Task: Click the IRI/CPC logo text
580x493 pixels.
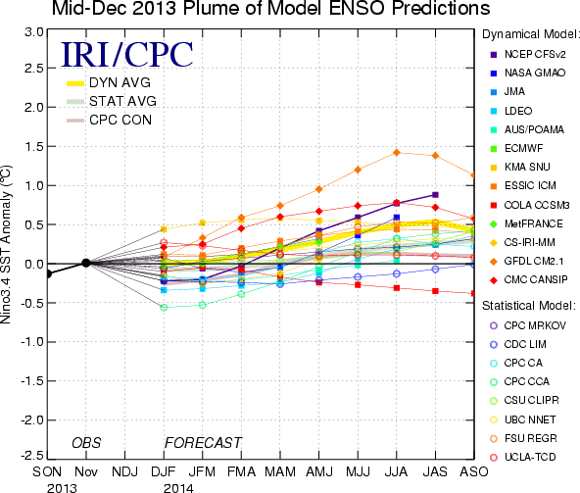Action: tap(127, 54)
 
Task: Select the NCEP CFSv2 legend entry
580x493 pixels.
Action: tap(528, 55)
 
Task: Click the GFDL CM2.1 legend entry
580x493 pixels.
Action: tap(527, 262)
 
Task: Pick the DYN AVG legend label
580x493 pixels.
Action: tap(120, 82)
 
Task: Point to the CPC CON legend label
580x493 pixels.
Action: tap(121, 120)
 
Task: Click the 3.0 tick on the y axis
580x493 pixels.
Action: tap(33, 32)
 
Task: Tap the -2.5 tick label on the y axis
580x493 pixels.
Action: tap(31, 455)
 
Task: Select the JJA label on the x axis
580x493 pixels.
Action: tap(396, 471)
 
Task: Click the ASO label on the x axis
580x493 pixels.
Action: tap(474, 471)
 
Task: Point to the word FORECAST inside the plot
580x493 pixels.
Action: tap(203, 443)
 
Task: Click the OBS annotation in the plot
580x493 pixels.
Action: tap(86, 443)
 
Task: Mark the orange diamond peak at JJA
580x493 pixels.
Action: tap(397, 153)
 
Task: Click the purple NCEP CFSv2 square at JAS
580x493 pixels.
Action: tap(435, 195)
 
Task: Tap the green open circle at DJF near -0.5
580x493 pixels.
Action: tap(164, 308)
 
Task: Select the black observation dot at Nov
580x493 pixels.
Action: tap(86, 263)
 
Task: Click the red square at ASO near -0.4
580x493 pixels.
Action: tap(473, 293)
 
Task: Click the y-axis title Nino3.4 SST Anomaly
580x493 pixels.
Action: tap(6, 244)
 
